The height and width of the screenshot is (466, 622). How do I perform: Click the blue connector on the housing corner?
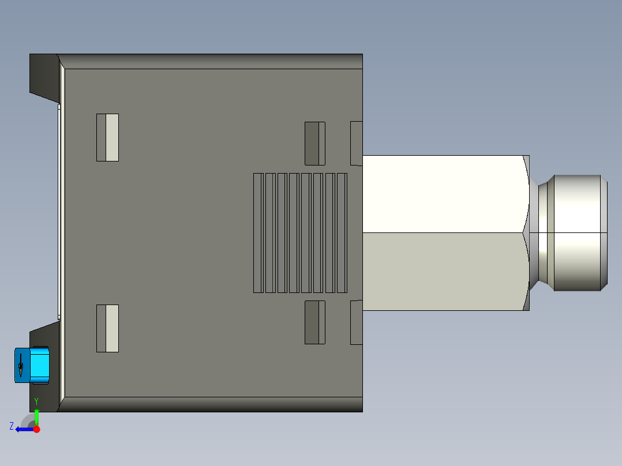[x=32, y=365]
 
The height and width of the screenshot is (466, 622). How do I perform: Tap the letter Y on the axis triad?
[x=36, y=401]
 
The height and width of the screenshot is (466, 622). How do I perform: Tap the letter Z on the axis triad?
[x=12, y=426]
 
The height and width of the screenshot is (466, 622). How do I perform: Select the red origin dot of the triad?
[x=36, y=429]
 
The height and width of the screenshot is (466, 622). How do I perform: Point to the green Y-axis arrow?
[x=36, y=416]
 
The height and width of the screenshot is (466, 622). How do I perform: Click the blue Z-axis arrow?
[x=23, y=429]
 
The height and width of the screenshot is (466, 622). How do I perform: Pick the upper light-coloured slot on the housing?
[x=107, y=137]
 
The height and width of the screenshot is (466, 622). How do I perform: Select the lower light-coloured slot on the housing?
[x=107, y=328]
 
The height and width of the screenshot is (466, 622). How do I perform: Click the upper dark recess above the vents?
[x=314, y=143]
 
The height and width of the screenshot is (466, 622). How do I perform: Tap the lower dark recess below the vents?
[x=314, y=322]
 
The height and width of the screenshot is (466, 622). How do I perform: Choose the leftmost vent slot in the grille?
[x=258, y=232]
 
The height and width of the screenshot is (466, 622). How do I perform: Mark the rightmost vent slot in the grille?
[x=342, y=232]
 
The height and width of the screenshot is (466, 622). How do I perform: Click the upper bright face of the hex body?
[x=444, y=194]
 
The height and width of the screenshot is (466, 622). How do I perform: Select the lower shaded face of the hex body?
[x=444, y=271]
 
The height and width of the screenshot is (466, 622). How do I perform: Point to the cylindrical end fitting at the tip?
[x=577, y=232]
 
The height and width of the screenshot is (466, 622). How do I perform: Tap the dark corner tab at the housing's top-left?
[x=43, y=74]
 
